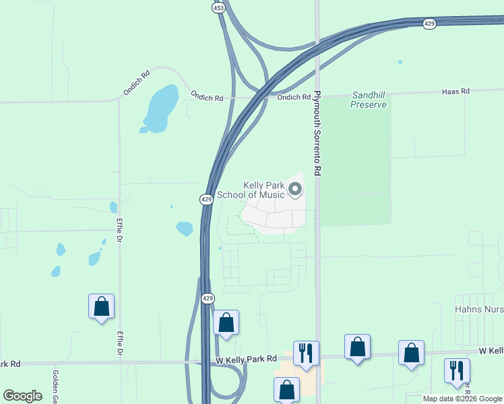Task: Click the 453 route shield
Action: point(218,7)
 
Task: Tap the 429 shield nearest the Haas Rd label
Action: point(429,24)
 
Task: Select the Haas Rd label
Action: point(455,91)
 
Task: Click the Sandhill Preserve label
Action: point(369,100)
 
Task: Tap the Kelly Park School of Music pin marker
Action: point(295,190)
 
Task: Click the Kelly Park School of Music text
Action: point(264,190)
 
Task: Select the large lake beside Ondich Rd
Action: point(160,108)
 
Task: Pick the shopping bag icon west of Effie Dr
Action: point(101,306)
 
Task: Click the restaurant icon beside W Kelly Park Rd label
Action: point(306,352)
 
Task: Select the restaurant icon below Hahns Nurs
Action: point(457,370)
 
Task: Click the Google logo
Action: point(23,396)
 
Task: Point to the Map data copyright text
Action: point(462,399)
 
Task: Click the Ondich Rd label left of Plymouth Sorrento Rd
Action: point(294,98)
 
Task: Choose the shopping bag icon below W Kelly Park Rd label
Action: point(286,389)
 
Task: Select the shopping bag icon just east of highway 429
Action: point(226,323)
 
